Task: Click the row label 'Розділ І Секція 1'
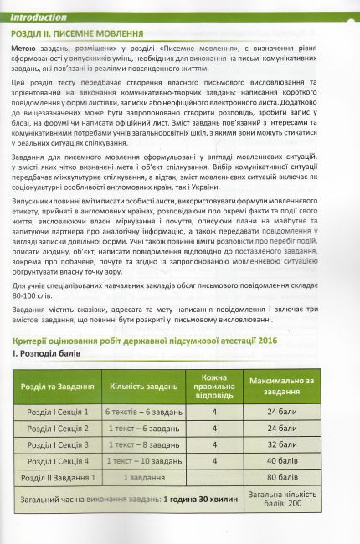59,413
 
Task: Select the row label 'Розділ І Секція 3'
59,444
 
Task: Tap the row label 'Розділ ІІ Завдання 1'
59,476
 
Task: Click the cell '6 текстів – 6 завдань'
144,413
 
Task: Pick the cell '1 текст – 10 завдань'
144,460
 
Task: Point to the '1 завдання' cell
144,476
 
